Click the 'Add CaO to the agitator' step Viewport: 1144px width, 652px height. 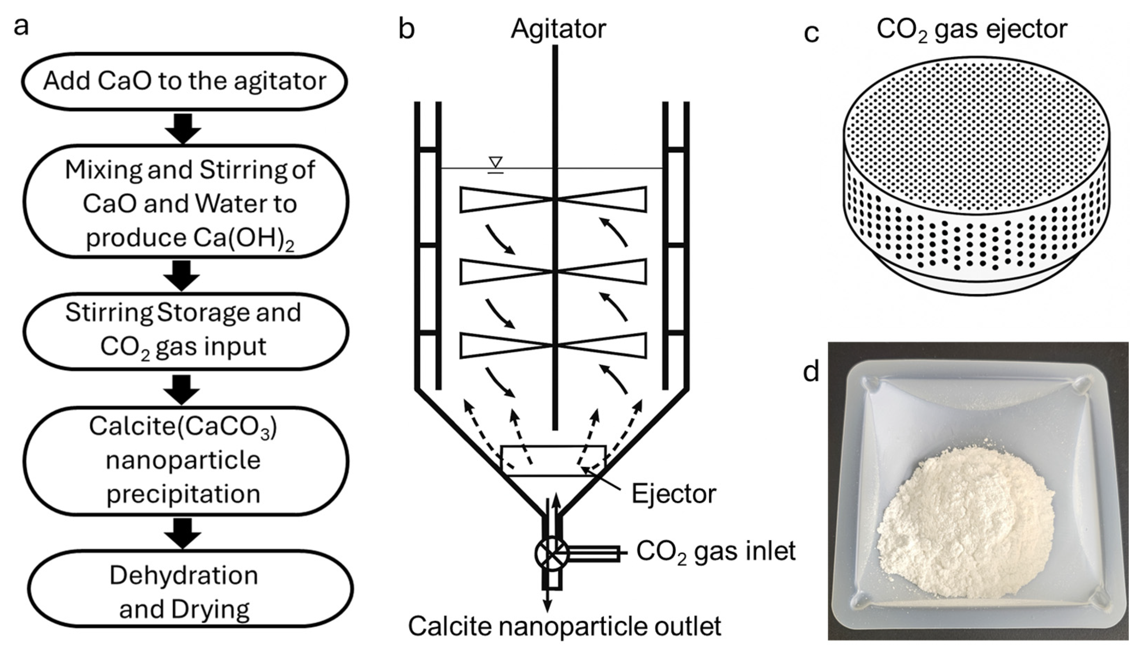(185, 81)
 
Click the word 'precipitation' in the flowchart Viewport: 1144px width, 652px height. (183, 494)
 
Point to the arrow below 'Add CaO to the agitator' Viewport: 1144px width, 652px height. (183, 128)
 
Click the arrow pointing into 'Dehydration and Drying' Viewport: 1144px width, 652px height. (182, 533)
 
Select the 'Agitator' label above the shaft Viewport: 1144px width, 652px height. (558, 29)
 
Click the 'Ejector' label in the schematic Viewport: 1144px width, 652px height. (673, 494)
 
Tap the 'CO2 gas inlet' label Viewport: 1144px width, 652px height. (716, 552)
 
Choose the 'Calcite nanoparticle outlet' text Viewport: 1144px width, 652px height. (564, 626)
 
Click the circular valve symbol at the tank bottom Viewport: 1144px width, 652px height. (551, 553)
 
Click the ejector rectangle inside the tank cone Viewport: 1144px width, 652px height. (553, 460)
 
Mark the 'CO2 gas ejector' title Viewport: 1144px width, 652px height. (972, 30)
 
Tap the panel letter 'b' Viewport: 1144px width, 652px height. (406, 29)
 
